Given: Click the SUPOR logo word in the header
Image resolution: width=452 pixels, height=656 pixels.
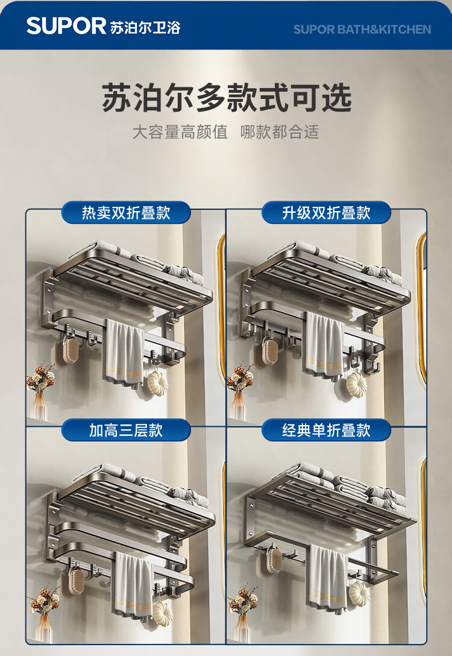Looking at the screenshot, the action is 66,26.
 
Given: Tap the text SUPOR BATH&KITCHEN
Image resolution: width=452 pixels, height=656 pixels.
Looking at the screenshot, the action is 362,30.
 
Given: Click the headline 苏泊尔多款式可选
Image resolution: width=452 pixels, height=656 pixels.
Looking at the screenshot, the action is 226,98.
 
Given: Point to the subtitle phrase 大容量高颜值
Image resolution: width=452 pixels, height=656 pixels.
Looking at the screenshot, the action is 180,132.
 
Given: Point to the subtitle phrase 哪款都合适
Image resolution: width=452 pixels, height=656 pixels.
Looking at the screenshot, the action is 279,132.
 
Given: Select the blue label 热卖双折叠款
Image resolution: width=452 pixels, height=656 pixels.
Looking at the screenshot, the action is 126,212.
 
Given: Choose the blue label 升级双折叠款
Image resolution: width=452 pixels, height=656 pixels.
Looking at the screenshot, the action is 326,212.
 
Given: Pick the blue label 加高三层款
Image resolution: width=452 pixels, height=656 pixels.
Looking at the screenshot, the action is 126,430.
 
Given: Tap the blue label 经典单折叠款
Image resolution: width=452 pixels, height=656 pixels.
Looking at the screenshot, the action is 326,430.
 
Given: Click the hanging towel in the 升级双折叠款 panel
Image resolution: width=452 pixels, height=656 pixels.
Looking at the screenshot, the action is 324,345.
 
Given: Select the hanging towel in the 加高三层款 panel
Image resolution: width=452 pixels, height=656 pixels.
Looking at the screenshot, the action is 134,584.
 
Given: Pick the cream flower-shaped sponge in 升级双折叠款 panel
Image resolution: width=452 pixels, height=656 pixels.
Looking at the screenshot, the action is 357,384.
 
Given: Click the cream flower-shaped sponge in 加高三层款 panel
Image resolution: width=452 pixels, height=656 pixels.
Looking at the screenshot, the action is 163,611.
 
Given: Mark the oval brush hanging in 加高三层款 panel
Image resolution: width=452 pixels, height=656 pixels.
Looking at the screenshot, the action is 76,580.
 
